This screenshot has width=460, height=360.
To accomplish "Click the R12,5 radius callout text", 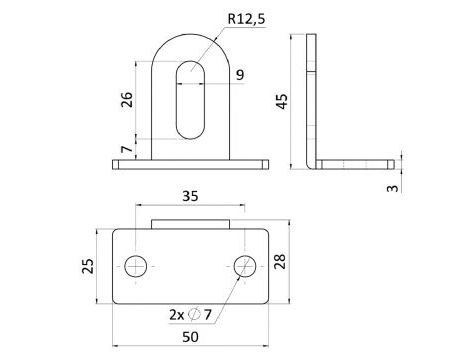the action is click(247, 19).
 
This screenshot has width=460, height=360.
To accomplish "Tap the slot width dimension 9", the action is click(240, 75).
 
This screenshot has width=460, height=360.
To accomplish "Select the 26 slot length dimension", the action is click(127, 99).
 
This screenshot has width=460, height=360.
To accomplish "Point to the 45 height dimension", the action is click(282, 101).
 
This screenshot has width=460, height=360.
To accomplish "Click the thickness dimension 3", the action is click(393, 188).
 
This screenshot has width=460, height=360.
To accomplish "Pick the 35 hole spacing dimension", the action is click(190, 196).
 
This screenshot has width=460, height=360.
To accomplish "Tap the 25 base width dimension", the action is click(88, 266).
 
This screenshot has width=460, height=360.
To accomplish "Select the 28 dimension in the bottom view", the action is click(280, 261).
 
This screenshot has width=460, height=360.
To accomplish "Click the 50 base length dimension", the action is click(190, 337).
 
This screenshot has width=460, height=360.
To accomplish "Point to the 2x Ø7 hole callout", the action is click(190, 314).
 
